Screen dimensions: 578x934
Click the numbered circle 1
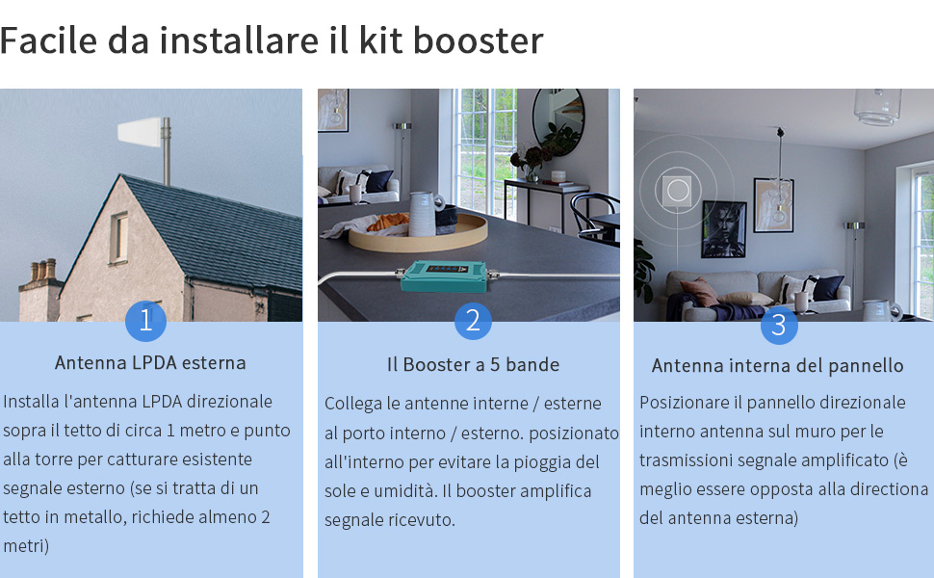pos(145,321)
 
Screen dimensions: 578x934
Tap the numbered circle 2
pos(473,321)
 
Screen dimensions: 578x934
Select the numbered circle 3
pos(779,326)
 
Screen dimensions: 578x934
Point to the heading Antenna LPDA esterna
pos(150,363)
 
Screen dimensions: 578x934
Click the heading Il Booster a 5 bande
pos(473,364)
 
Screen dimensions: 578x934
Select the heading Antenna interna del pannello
pos(777,366)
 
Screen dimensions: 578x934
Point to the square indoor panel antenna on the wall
pos(678,189)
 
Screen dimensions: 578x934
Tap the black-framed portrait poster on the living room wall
pos(723,228)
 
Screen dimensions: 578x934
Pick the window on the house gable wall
pos(118,237)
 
